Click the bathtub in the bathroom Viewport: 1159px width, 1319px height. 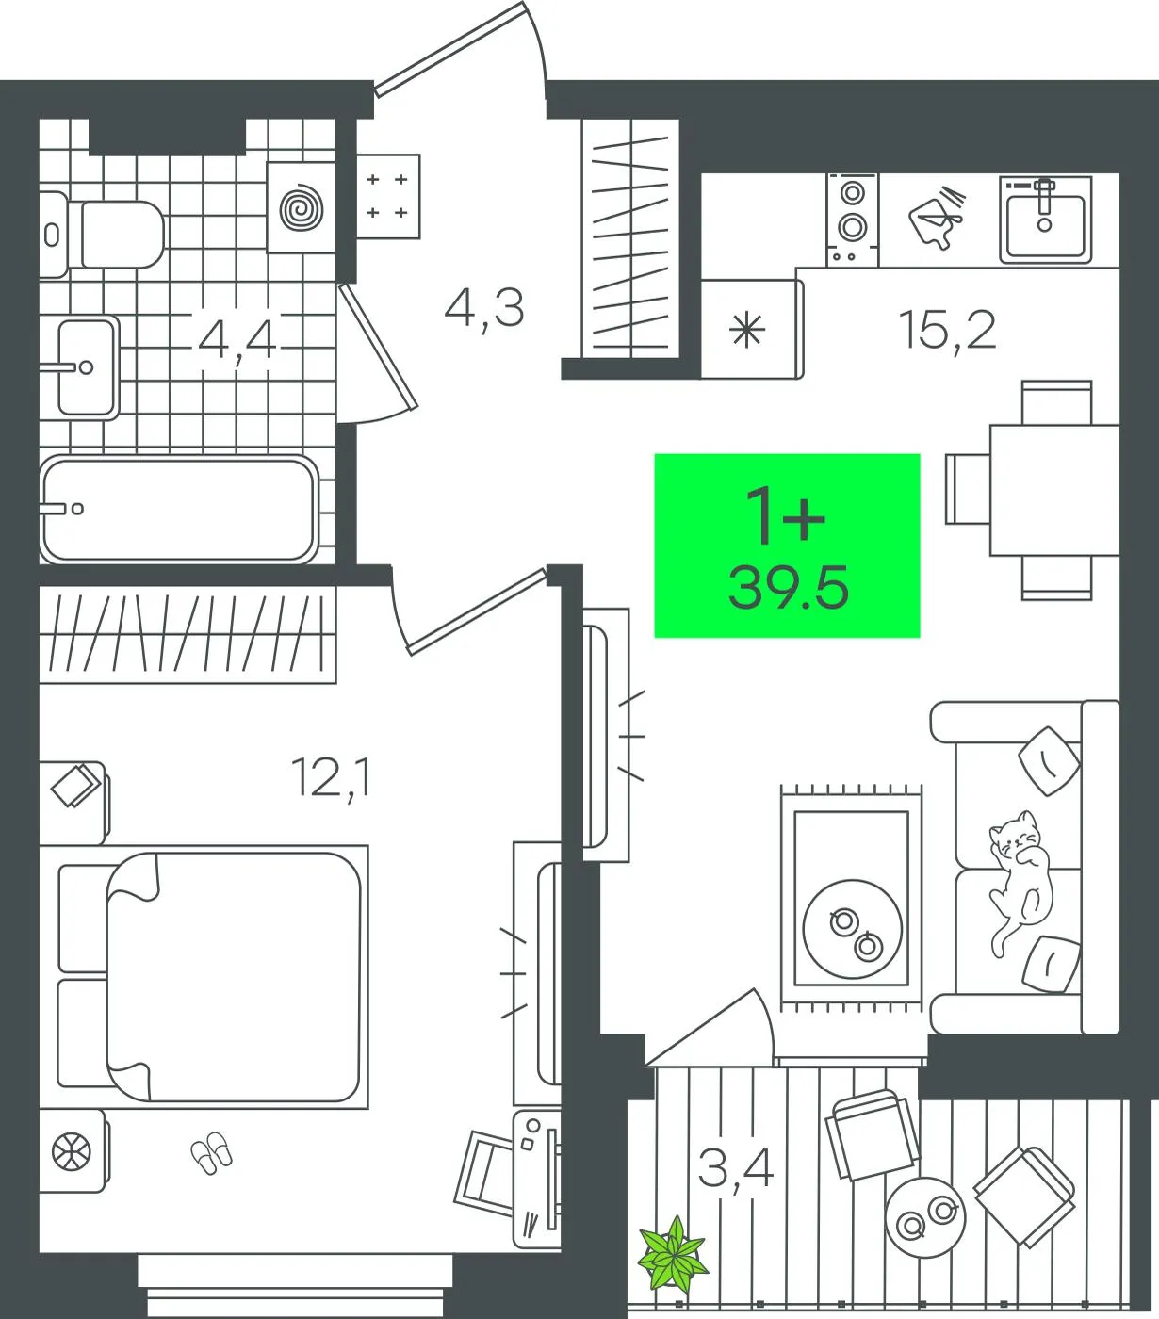click(x=178, y=510)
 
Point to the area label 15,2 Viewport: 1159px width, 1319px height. click(x=947, y=330)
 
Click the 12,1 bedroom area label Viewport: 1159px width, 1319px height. click(x=332, y=777)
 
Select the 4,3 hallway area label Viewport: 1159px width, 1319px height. click(x=484, y=308)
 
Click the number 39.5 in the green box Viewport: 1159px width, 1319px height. click(x=788, y=587)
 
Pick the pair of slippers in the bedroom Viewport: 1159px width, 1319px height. click(x=211, y=1152)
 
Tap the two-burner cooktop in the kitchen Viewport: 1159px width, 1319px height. click(x=853, y=220)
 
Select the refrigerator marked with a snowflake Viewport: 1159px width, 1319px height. click(x=752, y=329)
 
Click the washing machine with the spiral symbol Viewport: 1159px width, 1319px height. click(x=301, y=207)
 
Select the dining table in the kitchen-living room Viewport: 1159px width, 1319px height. click(x=1054, y=490)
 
